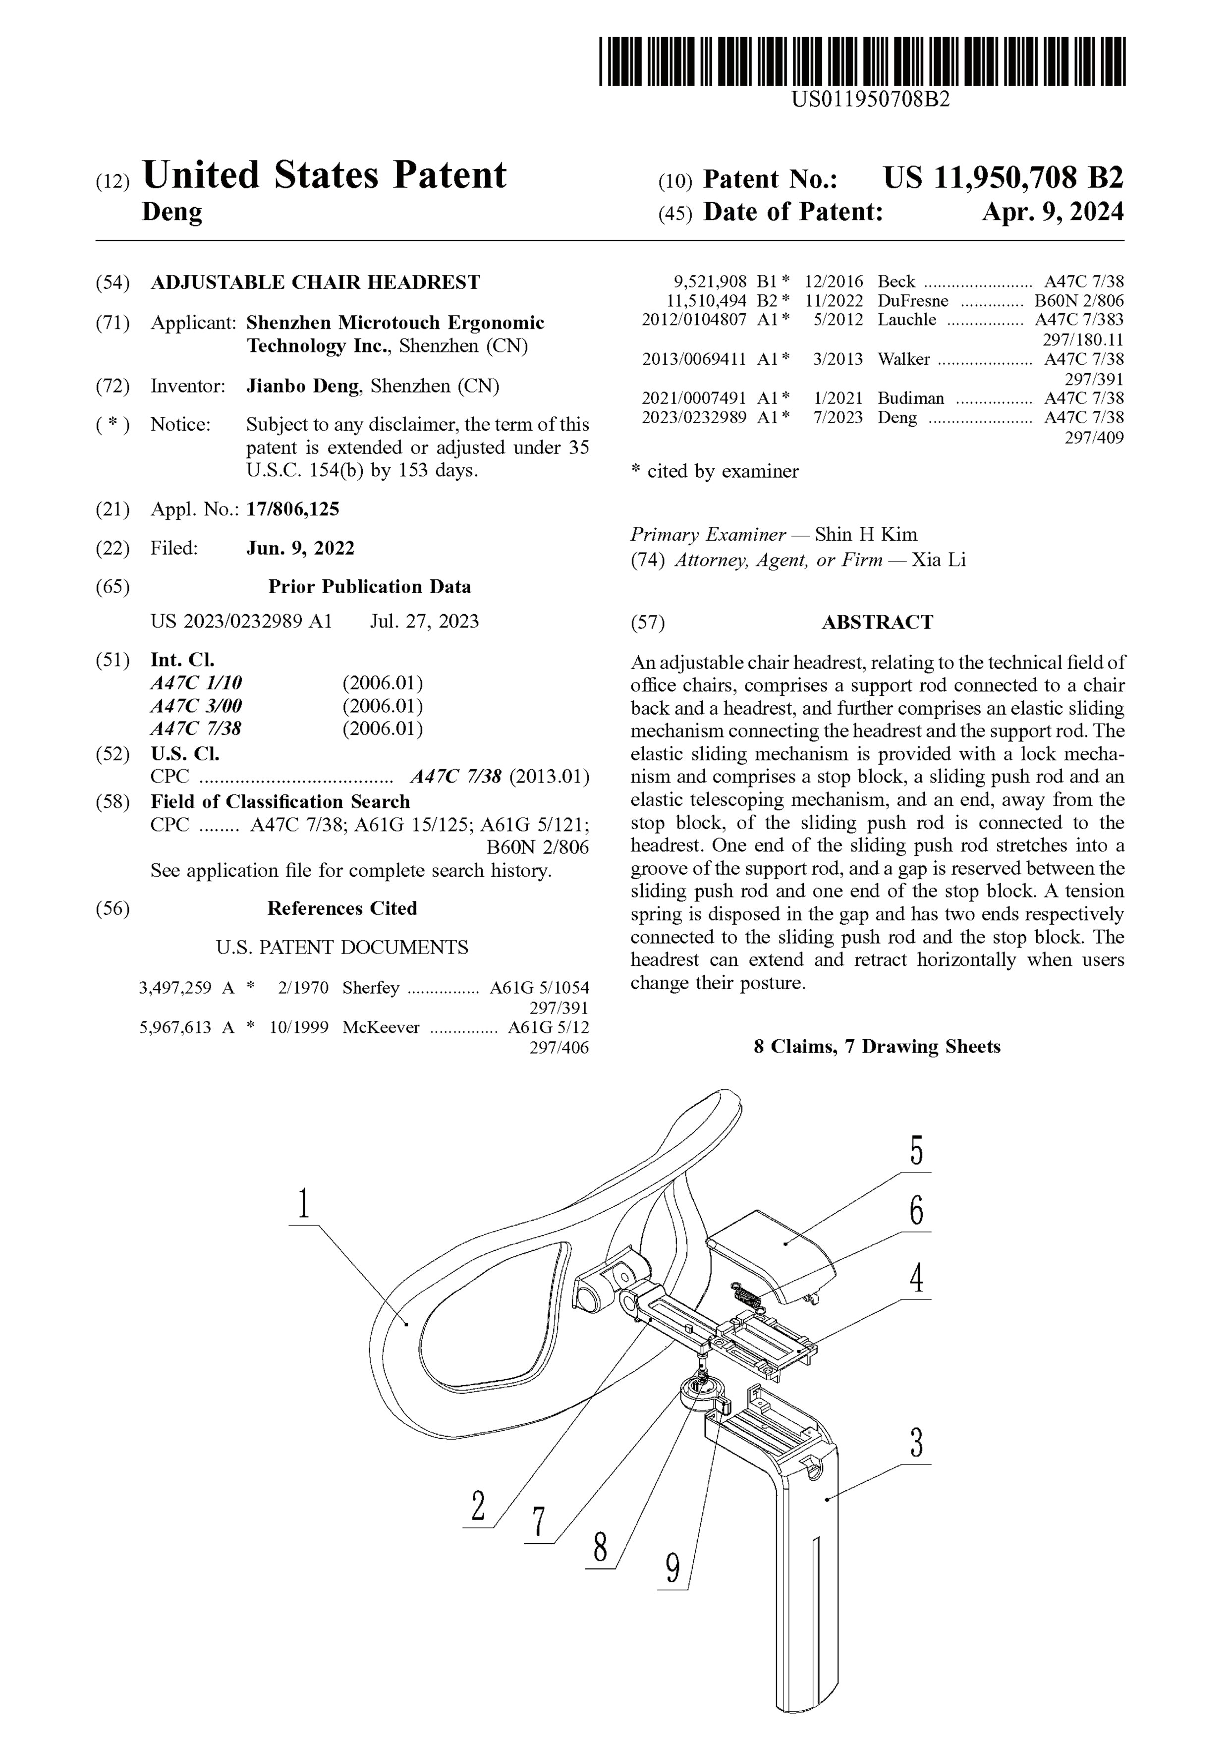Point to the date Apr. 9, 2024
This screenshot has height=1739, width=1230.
(1052, 212)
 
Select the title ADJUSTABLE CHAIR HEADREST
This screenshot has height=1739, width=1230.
(315, 282)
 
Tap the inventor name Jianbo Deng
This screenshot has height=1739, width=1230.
(303, 386)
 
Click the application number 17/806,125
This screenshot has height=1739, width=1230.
(292, 509)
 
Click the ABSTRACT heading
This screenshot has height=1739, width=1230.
(877, 622)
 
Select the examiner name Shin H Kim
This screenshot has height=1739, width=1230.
(866, 535)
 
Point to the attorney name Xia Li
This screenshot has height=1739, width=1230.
(939, 561)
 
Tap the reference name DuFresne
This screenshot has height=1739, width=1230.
(913, 301)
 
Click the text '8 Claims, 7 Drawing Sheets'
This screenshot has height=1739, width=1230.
(877, 1047)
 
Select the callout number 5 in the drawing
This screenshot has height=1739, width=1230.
(916, 1151)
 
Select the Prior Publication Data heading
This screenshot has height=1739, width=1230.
(370, 587)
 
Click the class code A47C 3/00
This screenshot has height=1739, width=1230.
(196, 706)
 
